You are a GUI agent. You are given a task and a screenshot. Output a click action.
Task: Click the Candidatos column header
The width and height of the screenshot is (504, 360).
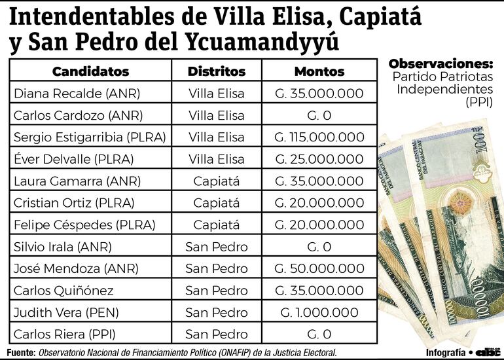click(90, 71)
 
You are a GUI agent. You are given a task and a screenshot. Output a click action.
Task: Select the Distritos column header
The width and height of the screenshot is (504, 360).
click(217, 71)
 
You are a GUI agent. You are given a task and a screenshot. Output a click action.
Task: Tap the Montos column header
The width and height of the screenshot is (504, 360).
click(319, 71)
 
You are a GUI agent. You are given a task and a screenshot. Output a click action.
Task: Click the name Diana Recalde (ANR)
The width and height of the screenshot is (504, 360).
click(77, 94)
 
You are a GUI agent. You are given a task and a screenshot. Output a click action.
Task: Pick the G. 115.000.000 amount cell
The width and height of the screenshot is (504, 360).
click(319, 137)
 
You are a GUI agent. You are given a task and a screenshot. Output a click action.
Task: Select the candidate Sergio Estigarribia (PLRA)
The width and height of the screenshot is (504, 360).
click(90, 137)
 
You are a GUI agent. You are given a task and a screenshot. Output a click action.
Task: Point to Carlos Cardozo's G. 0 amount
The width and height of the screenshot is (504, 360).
click(319, 116)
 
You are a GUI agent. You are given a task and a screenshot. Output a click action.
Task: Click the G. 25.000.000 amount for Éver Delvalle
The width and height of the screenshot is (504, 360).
click(319, 159)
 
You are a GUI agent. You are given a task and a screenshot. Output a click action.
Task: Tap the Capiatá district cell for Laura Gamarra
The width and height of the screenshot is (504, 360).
click(217, 181)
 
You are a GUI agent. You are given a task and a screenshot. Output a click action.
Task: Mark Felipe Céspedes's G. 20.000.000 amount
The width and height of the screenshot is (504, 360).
click(319, 225)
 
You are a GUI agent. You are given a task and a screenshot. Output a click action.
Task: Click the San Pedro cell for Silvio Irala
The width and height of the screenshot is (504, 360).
click(217, 247)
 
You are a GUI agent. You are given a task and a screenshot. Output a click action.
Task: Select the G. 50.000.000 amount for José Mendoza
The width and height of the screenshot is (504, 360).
click(319, 269)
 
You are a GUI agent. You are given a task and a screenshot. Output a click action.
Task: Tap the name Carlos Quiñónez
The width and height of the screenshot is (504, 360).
click(63, 291)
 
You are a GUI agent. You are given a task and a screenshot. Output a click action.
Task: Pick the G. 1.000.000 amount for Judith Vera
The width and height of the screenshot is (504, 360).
click(319, 313)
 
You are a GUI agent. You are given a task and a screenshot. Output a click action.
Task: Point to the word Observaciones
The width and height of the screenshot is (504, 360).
click(440, 64)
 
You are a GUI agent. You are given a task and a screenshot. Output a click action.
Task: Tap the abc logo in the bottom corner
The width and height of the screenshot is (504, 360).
click(488, 352)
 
